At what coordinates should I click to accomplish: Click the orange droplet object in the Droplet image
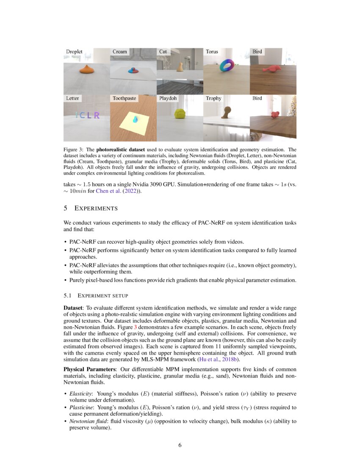coord(86,69)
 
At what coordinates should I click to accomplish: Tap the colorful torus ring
coord(227,66)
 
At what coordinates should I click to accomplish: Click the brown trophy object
coord(227,112)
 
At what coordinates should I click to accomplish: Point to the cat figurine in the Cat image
coord(180,67)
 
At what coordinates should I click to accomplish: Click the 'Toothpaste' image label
coord(124,98)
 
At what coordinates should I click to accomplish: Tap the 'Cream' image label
coord(119,52)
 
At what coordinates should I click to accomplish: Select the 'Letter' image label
coord(72,98)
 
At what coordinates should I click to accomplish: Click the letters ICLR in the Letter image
coord(88,115)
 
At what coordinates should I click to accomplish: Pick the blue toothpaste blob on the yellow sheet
coord(135,120)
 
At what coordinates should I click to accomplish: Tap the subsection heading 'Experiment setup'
coord(102,295)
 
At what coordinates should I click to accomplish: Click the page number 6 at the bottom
coord(180,445)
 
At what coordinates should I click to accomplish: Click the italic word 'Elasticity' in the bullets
coord(79,393)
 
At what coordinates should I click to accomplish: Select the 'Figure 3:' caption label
coord(74,150)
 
